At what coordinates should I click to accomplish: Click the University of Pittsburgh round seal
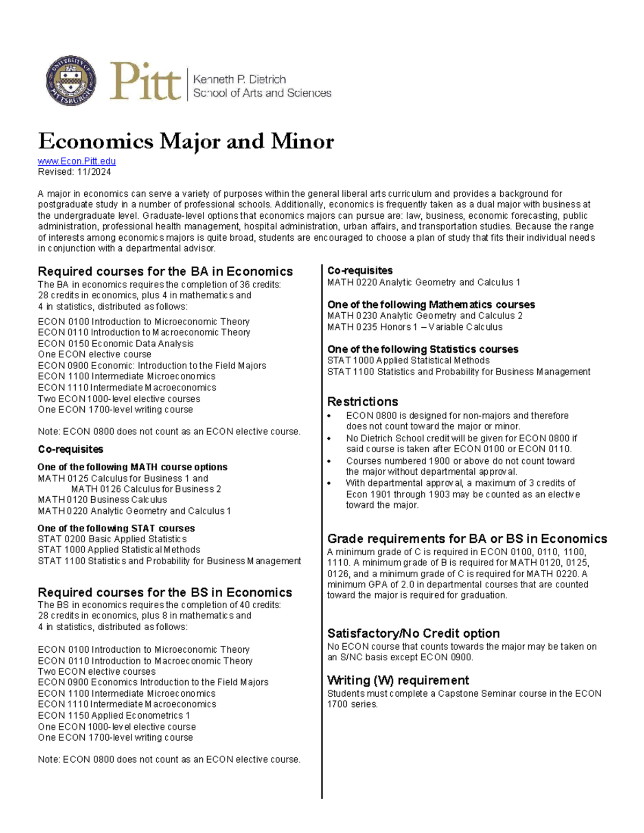point(71,80)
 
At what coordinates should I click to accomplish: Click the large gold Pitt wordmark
point(145,82)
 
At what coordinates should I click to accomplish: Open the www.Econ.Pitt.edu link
point(77,161)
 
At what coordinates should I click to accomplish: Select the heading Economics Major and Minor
point(186,142)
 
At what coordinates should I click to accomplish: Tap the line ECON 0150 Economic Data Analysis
point(115,343)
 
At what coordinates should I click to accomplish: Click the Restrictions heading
point(363,402)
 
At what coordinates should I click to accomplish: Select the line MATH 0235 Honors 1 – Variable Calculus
point(415,327)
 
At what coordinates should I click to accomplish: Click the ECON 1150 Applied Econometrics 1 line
point(114,715)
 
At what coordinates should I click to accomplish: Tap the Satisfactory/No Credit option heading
point(413,633)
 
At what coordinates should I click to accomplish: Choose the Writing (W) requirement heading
point(398,680)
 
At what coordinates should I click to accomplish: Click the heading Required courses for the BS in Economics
point(165,592)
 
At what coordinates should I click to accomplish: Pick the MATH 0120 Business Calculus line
point(102,499)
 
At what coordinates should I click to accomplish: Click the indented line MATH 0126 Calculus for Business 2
point(146,489)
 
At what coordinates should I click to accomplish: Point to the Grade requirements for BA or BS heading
point(467,539)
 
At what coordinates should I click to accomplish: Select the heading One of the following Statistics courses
point(423,349)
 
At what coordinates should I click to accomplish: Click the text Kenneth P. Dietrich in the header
point(239,79)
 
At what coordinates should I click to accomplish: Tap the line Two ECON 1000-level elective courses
point(119,399)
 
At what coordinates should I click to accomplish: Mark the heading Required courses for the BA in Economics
point(165,271)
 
